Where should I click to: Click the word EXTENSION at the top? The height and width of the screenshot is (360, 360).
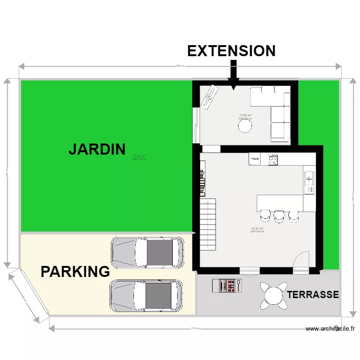pyautogui.click(x=231, y=51)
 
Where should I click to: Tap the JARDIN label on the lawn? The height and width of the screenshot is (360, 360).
pyautogui.click(x=97, y=149)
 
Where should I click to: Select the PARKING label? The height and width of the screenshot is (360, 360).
pyautogui.click(x=75, y=272)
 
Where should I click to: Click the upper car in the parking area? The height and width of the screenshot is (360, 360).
pyautogui.click(x=147, y=252)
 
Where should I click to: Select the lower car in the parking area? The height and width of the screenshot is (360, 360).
pyautogui.click(x=146, y=296)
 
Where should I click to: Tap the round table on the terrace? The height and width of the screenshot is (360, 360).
pyautogui.click(x=273, y=294)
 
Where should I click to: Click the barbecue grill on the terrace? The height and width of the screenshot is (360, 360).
pyautogui.click(x=227, y=286)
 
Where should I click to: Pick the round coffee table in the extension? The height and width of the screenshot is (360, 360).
pyautogui.click(x=245, y=126)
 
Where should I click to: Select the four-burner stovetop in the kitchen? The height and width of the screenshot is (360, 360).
pyautogui.click(x=273, y=159)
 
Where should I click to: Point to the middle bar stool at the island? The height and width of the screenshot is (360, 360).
pyautogui.click(x=279, y=216)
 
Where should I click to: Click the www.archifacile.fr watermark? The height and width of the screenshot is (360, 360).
pyautogui.click(x=330, y=329)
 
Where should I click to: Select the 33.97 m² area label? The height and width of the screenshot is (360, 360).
pyautogui.click(x=257, y=228)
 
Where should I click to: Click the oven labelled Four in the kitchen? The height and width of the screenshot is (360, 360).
pyautogui.click(x=254, y=159)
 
